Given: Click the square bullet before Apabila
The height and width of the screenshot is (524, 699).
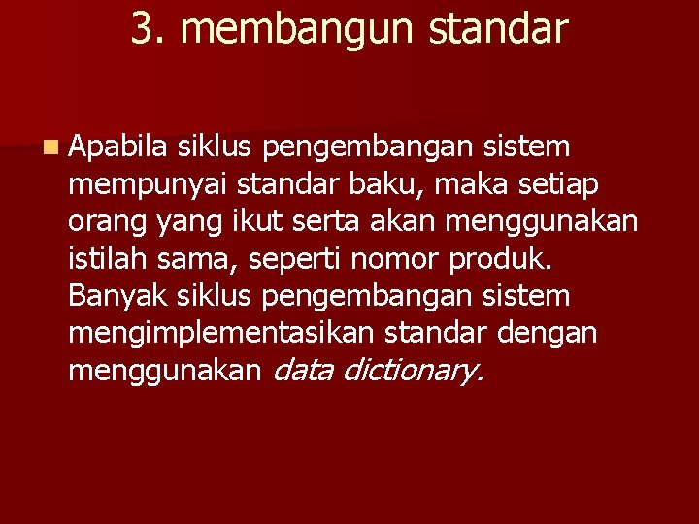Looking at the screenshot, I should click(x=50, y=148).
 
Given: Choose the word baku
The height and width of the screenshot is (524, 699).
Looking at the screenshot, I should click(x=410, y=184).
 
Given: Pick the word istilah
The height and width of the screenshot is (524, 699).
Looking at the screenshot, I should click(x=105, y=258).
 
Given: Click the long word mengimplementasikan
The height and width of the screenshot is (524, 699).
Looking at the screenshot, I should click(x=220, y=333).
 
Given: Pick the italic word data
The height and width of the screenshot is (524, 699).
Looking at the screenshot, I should click(x=309, y=369).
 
